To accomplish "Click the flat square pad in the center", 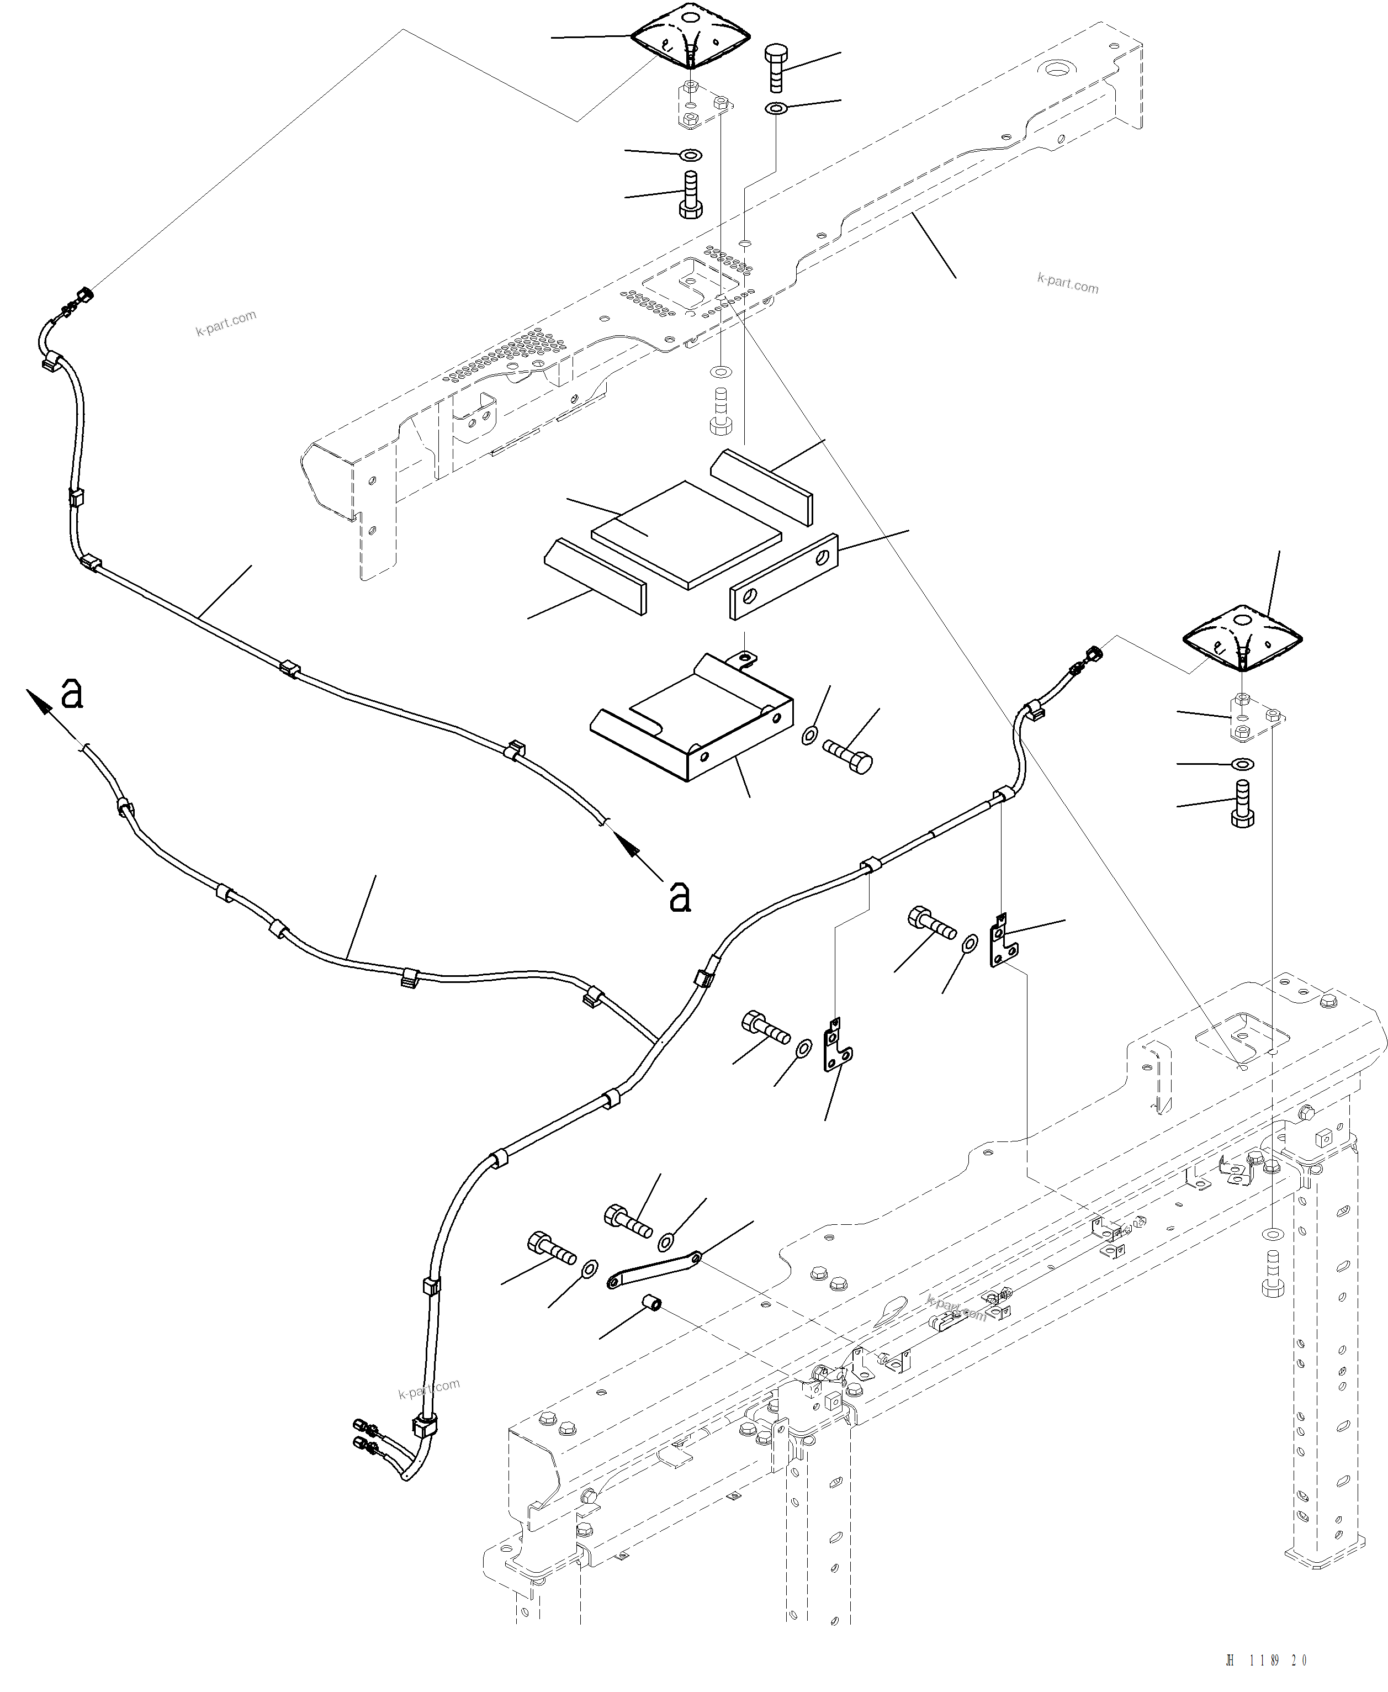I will (x=686, y=534).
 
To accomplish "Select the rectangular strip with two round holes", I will (x=783, y=576).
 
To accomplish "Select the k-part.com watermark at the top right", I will (x=1067, y=283).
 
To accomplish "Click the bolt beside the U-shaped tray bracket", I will (x=847, y=755).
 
